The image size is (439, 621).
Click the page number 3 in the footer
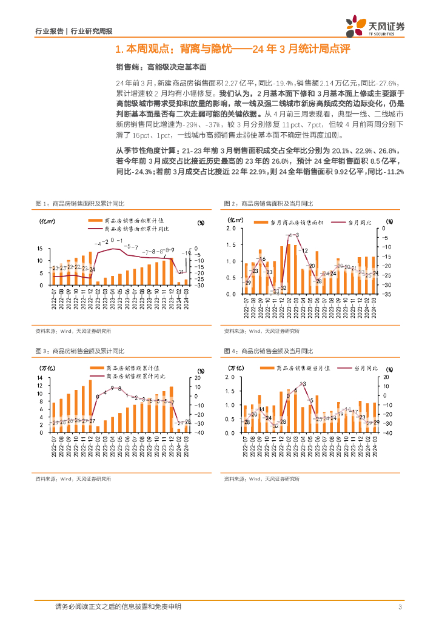coord(400,607)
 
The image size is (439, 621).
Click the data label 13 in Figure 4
coord(302,384)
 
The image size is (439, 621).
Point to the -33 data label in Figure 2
coord(275,291)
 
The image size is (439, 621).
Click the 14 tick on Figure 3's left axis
coord(39,377)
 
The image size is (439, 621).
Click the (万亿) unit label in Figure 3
coord(49,368)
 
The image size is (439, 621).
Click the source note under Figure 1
coord(73,331)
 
